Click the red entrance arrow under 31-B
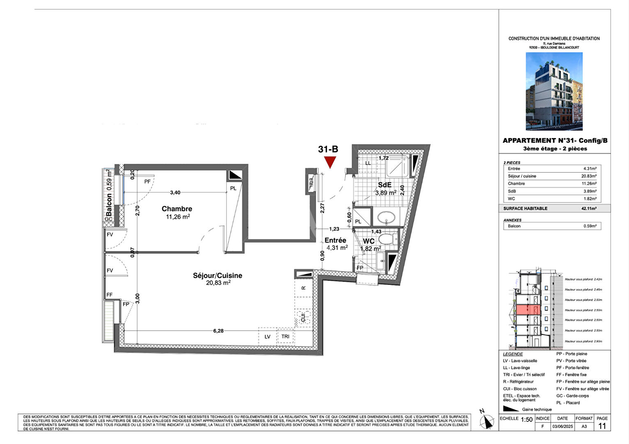(x=330, y=162)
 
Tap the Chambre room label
(x=177, y=209)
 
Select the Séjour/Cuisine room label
(x=218, y=275)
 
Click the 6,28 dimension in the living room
(x=218, y=331)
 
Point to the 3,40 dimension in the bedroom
(x=175, y=192)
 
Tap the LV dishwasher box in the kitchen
(x=268, y=336)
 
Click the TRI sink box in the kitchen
(x=285, y=336)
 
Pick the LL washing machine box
(x=368, y=163)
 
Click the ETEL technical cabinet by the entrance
(x=311, y=181)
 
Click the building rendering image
(x=554, y=91)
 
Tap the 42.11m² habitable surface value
(x=589, y=208)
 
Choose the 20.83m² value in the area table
(x=589, y=176)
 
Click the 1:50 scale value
(x=526, y=420)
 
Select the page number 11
(x=602, y=426)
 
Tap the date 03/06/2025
(x=562, y=426)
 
